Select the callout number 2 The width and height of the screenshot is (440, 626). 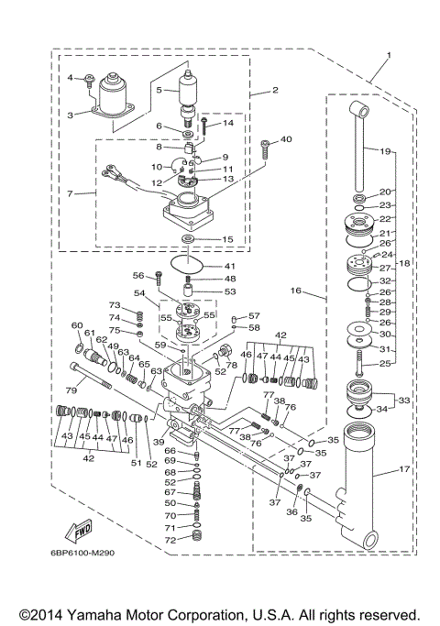pos(276,91)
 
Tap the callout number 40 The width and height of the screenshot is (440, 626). pos(287,139)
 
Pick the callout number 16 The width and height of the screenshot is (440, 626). pos(296,291)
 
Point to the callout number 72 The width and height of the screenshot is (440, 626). pos(170,542)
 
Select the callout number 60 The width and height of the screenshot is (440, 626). pos(77,325)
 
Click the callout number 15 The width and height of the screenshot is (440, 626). pos(228,239)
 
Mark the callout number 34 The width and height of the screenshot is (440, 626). pos(382,410)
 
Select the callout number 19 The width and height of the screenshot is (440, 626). pos(385,150)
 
